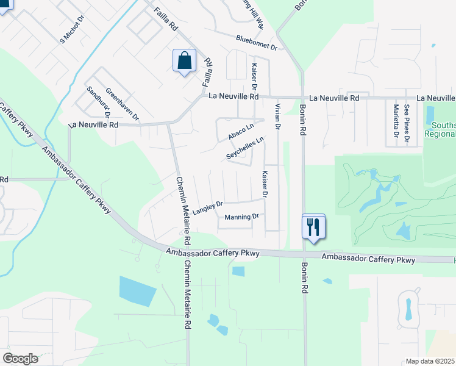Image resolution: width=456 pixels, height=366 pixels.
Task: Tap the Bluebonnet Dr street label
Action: coord(257,43)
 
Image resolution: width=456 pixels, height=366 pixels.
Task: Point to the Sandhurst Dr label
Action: coord(98,101)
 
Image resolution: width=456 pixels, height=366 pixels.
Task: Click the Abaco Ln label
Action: coord(240,131)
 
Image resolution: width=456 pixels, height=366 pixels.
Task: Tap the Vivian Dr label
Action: coord(277,116)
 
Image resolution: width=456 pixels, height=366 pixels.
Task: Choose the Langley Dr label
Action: coord(208,207)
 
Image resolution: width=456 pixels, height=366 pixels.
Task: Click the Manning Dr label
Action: coord(241,217)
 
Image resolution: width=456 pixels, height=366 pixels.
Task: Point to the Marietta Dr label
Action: coord(396,121)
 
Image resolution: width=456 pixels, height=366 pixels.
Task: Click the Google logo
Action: coord(20,359)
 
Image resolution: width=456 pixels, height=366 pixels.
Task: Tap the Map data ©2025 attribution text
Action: coord(430,361)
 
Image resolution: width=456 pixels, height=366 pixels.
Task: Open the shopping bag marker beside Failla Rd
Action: coord(185,61)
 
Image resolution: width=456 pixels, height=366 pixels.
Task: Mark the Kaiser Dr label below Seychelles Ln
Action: coord(265,184)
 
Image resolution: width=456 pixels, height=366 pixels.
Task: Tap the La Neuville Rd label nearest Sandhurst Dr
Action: coord(93,124)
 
